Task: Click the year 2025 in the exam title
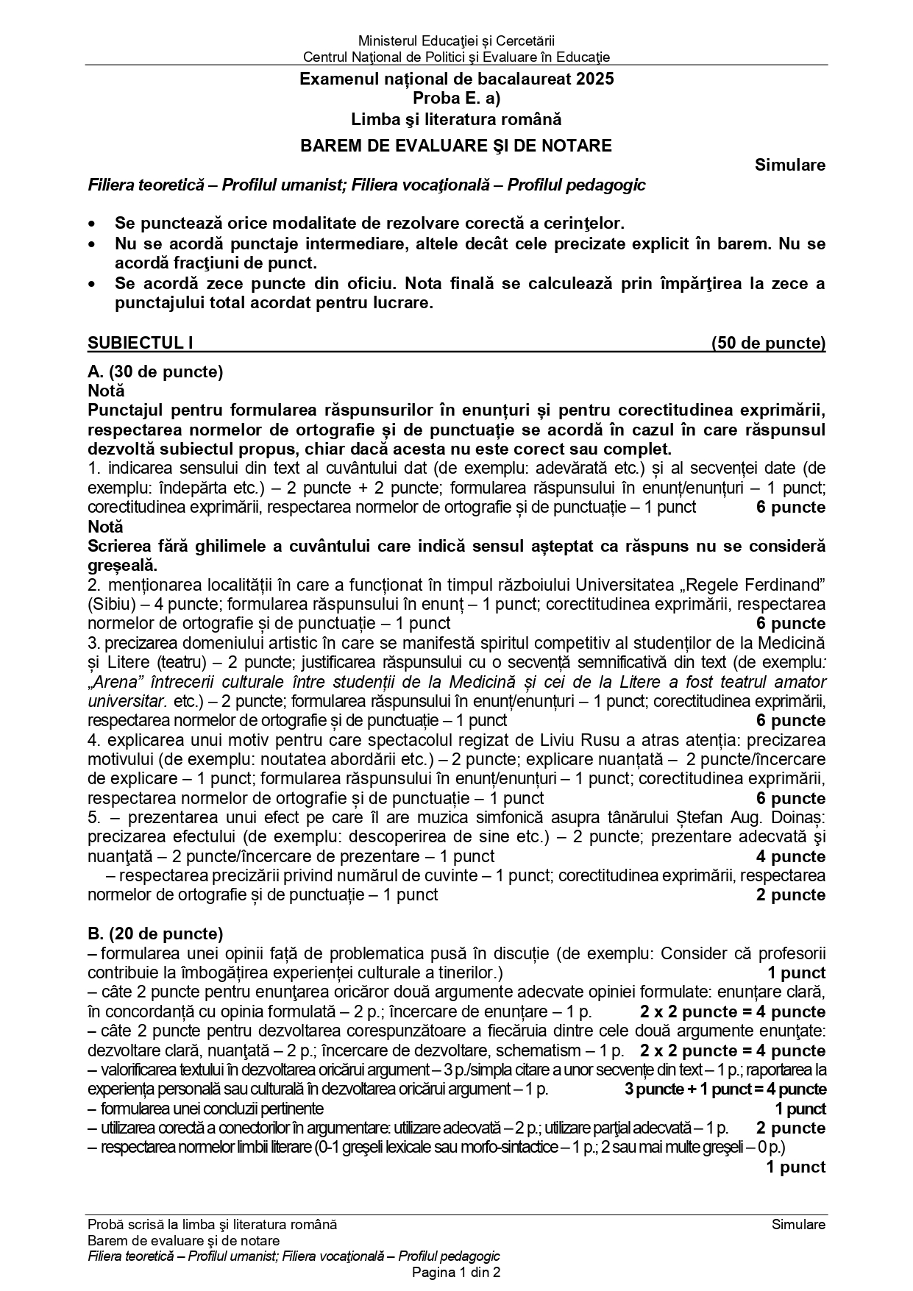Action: coord(597,79)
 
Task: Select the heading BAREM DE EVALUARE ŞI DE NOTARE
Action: coord(456,146)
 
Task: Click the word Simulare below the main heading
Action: coord(789,166)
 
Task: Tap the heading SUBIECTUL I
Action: coord(140,343)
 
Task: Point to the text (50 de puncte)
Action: coord(768,343)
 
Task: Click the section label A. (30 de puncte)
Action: coord(155,371)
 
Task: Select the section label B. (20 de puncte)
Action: coord(155,933)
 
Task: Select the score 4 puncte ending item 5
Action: coord(791,856)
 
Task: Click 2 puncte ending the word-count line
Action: coord(791,895)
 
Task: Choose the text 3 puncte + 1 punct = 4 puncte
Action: coord(725,1089)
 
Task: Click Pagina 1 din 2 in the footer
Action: coord(456,1272)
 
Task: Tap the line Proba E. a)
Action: coord(456,99)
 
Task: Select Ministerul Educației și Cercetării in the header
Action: coord(456,40)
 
